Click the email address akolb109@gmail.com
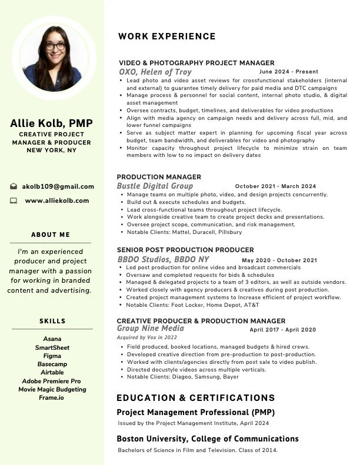pos(58,186)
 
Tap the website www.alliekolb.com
pos(57,200)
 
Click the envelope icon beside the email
pos(14,186)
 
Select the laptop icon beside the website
pos(14,200)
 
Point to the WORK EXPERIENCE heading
pos(167,36)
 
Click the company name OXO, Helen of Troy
pos(155,72)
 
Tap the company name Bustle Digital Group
pos(155,186)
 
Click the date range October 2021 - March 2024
pos(275,186)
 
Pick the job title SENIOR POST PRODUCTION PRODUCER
pos(185,250)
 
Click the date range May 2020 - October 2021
pos(279,260)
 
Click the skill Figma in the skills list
pos(52,356)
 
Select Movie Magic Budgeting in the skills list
pos(52,389)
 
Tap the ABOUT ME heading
pos(51,235)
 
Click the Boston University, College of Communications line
pos(208,439)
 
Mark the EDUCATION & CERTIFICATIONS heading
pos(196,398)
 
